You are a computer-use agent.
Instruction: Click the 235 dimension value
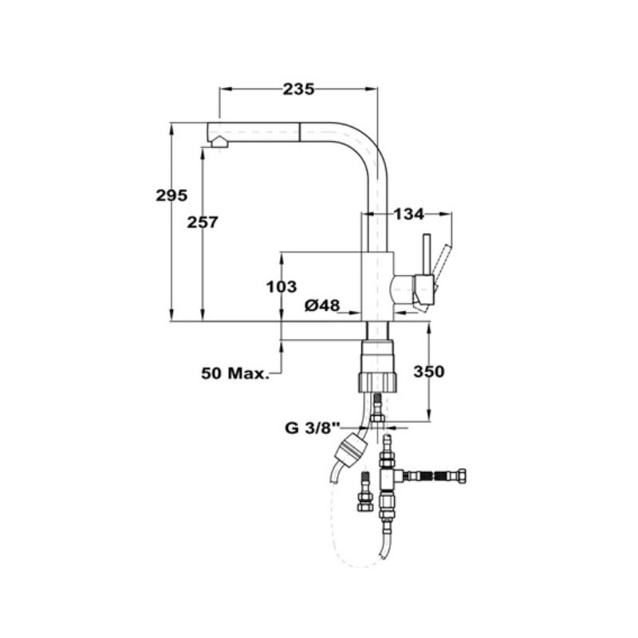click(x=298, y=89)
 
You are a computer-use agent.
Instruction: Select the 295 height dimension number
click(x=171, y=195)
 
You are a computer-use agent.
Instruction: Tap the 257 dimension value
click(x=203, y=223)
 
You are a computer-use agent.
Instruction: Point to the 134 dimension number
click(x=409, y=214)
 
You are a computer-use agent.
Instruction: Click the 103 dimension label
click(x=281, y=286)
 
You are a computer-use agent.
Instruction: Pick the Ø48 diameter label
click(x=322, y=305)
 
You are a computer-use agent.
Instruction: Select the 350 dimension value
click(x=428, y=372)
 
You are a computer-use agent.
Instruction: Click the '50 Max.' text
click(x=236, y=372)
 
